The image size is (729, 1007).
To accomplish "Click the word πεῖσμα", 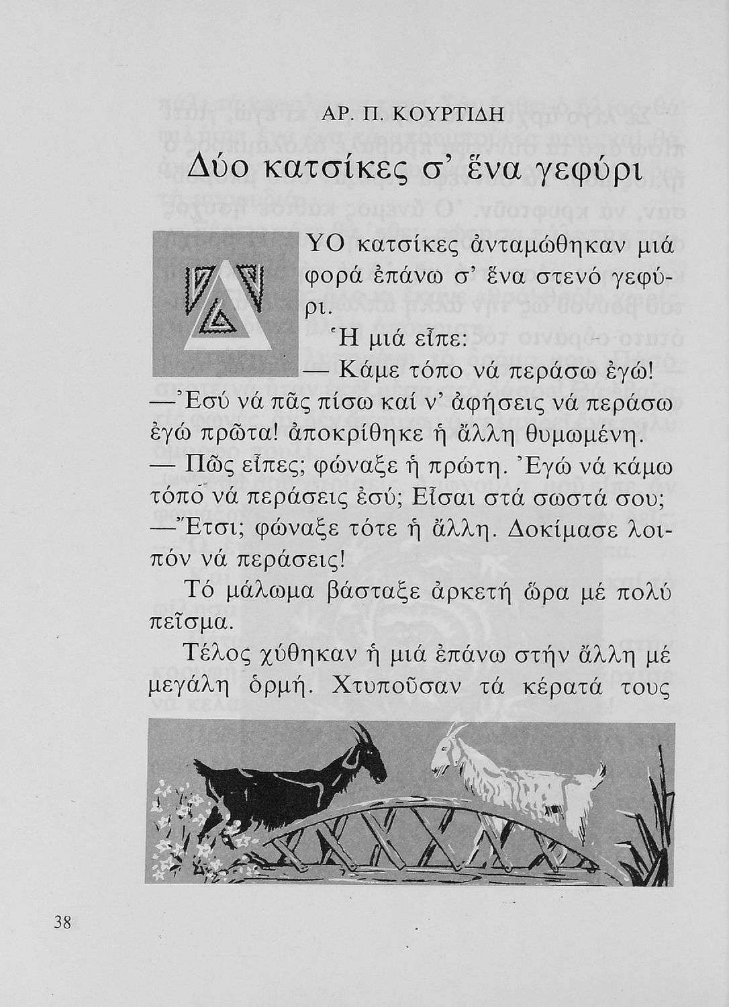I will [190, 622].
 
